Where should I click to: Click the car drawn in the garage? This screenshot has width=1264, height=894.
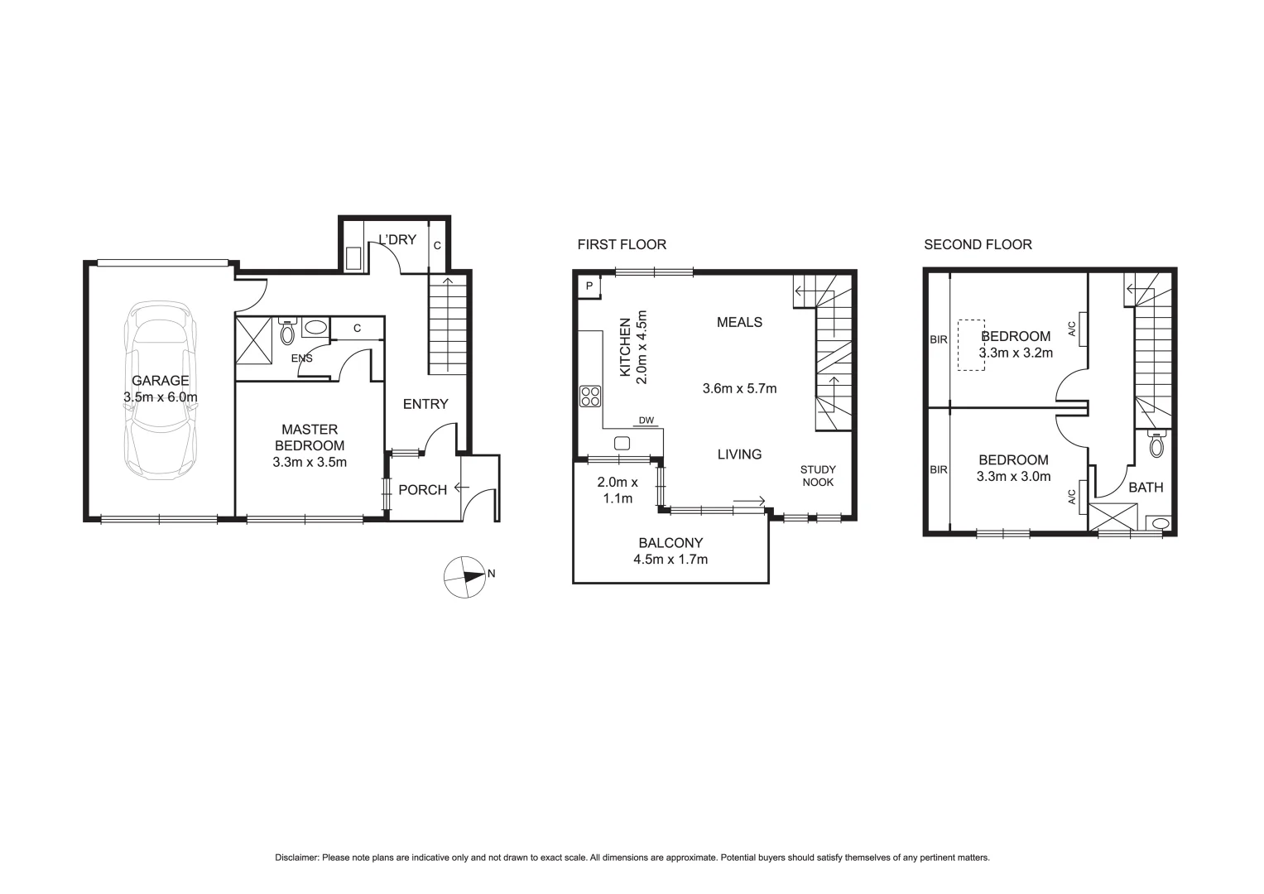(161, 391)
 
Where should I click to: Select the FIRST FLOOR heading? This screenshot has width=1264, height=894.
(621, 244)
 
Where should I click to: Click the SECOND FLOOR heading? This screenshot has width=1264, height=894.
(978, 244)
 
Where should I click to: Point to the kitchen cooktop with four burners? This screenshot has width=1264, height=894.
(590, 396)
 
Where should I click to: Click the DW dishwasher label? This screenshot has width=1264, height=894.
(646, 421)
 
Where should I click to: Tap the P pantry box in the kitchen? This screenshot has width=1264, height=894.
(589, 286)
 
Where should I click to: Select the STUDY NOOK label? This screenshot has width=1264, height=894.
(817, 476)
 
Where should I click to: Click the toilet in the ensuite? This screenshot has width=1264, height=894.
(287, 332)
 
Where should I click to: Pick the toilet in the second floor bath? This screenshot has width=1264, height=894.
(1156, 445)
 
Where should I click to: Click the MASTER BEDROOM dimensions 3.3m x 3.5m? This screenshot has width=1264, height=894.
(309, 462)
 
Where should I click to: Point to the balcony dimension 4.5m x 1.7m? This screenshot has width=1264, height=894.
(670, 559)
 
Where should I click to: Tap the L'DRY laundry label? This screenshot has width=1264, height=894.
(397, 240)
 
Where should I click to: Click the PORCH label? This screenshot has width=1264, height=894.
(422, 490)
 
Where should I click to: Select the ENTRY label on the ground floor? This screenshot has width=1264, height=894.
(425, 404)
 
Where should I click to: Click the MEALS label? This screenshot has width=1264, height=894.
(739, 322)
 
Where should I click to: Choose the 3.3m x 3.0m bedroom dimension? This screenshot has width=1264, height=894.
(1013, 476)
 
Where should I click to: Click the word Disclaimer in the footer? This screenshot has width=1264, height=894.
(296, 858)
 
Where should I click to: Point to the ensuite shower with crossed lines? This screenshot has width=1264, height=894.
(255, 339)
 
